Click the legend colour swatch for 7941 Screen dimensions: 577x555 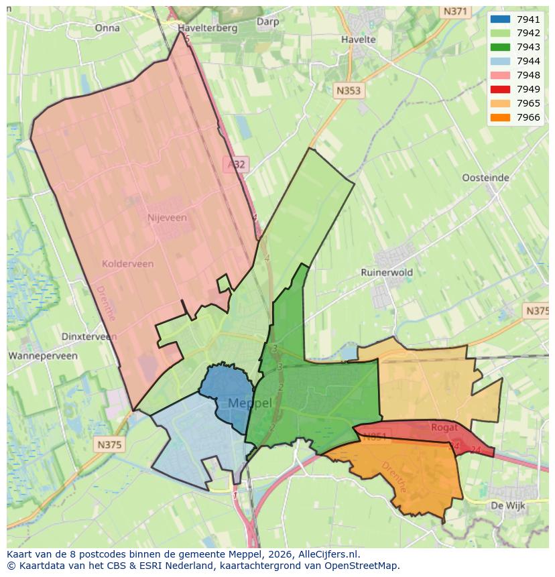pos(500,19)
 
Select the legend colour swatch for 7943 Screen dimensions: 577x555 pos(500,47)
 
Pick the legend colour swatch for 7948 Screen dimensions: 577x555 pos(500,75)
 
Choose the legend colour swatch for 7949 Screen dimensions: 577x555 pos(500,89)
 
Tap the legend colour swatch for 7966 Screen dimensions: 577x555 pos(500,117)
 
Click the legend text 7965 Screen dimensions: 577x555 pos(528,103)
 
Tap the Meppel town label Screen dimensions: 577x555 pos(250,403)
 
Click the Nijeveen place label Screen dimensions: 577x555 pos(167,218)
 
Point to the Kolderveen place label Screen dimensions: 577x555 pos(127,264)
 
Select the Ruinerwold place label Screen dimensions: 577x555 pos(387,273)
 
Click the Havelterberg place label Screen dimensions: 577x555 pos(208,29)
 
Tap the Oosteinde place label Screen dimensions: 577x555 pos(486,178)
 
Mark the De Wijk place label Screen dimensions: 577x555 pos(507,505)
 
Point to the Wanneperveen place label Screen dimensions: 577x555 pos(43,356)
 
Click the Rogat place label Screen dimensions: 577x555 pos(445,427)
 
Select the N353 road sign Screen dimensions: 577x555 pos(349,90)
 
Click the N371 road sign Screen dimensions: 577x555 pos(455,12)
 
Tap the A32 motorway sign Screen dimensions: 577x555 pos(236,164)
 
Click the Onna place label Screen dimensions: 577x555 pos(107,28)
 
